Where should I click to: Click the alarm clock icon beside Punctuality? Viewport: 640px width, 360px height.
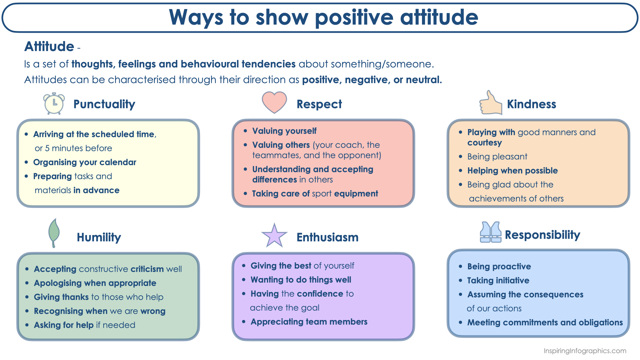54,104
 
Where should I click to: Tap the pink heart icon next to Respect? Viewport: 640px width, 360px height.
274,102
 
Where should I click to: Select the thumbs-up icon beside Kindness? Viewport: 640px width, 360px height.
490,103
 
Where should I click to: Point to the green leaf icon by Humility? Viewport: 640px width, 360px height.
54,233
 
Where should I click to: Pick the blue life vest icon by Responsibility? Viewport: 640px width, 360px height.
490,232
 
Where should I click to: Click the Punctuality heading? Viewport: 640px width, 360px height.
104,104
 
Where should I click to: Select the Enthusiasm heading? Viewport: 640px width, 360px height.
327,237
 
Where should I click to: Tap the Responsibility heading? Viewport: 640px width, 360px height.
542,235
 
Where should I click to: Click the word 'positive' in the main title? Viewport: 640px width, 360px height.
354,17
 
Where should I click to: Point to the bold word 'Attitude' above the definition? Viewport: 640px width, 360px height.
49,46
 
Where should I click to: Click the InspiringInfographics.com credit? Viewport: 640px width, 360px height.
585,351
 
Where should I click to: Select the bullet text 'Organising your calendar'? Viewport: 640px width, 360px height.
85,162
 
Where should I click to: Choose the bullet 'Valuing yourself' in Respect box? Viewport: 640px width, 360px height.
284,131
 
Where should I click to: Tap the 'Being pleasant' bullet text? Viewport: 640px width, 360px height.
497,157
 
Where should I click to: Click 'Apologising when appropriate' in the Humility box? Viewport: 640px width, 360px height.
95,283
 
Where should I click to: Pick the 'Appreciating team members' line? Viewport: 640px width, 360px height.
309,322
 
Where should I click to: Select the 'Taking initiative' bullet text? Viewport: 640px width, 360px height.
498,280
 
